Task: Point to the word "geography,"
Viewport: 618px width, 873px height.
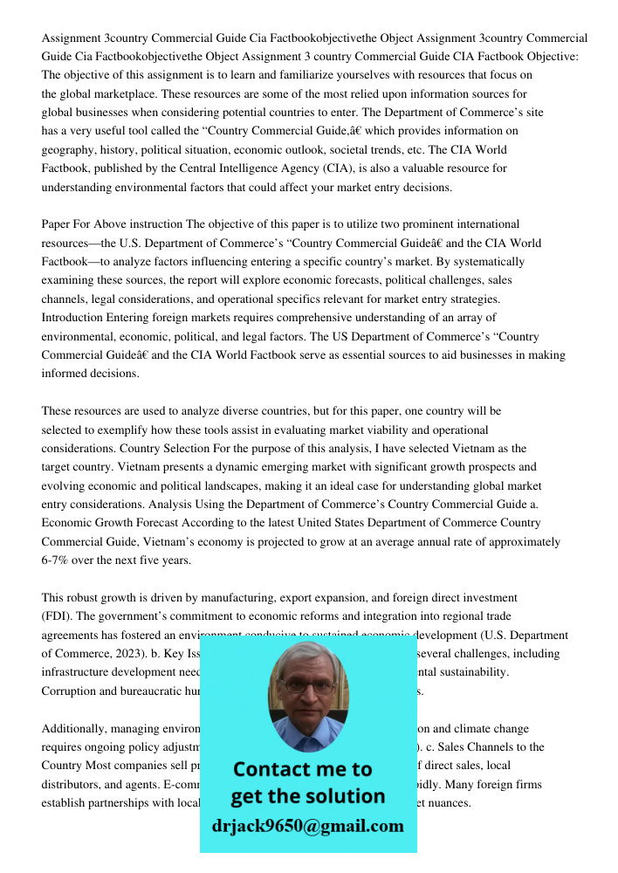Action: pos(70,149)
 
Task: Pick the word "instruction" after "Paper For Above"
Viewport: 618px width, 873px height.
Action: pos(150,224)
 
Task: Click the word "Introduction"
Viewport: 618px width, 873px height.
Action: pos(72,317)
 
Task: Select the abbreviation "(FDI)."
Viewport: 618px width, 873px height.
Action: pos(58,616)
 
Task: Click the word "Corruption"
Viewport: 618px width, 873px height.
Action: pos(70,691)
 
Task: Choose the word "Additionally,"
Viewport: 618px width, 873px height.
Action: pos(76,728)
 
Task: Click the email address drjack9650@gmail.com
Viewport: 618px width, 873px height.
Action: pos(307,826)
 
